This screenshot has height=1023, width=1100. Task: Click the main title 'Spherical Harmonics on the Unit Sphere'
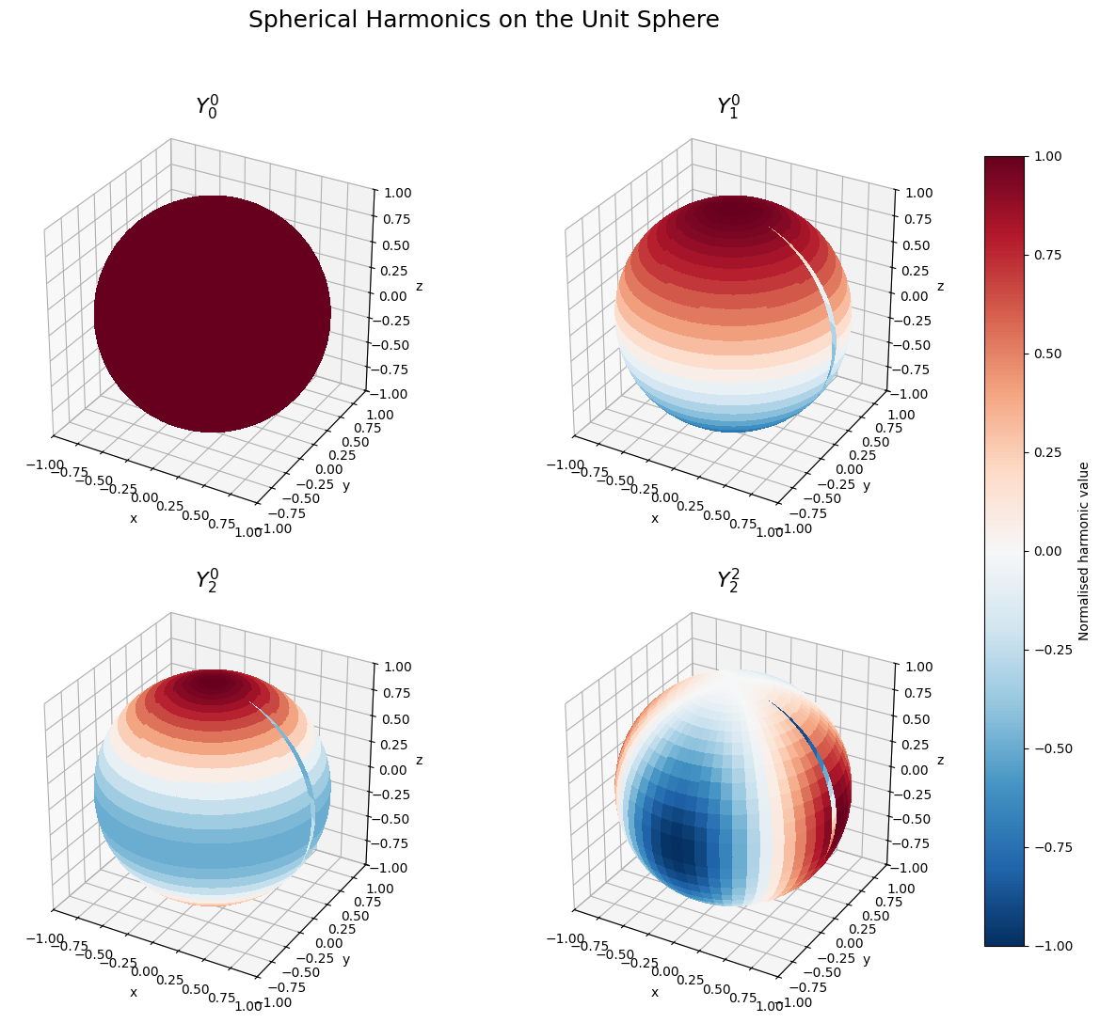tap(484, 20)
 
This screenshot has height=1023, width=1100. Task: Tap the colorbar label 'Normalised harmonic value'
tap(1084, 551)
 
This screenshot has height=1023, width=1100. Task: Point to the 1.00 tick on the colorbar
tap(1047, 156)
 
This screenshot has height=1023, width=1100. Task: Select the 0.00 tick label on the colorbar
tap(1047, 551)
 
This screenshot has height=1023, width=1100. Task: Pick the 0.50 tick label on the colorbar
tap(1047, 354)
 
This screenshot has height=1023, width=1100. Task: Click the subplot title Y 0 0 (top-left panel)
tap(207, 105)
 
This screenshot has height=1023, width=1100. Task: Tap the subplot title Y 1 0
tap(728, 105)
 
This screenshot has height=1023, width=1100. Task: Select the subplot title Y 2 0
tap(207, 579)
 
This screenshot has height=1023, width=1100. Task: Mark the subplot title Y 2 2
tap(728, 579)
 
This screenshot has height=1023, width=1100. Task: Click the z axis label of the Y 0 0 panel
tap(419, 287)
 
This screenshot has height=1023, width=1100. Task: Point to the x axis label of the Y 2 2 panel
tap(655, 992)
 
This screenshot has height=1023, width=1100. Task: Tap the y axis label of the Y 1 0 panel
tap(867, 486)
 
